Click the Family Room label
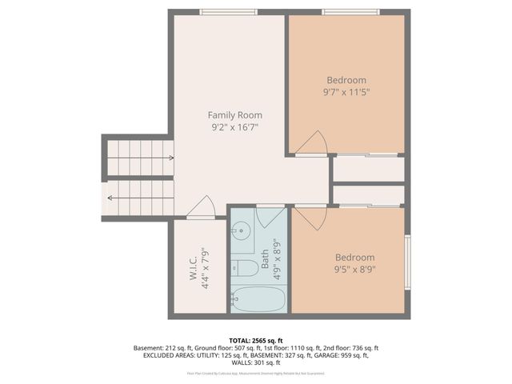tap(234, 115)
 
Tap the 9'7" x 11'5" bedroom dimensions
tap(346, 92)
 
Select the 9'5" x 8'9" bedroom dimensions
tap(354, 270)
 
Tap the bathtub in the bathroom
tap(256, 301)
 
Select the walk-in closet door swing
tap(202, 207)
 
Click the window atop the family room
tap(229, 11)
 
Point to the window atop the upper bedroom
tap(350, 11)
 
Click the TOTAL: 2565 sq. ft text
tap(255, 339)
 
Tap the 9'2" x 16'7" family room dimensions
tap(234, 127)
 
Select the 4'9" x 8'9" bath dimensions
tap(278, 258)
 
